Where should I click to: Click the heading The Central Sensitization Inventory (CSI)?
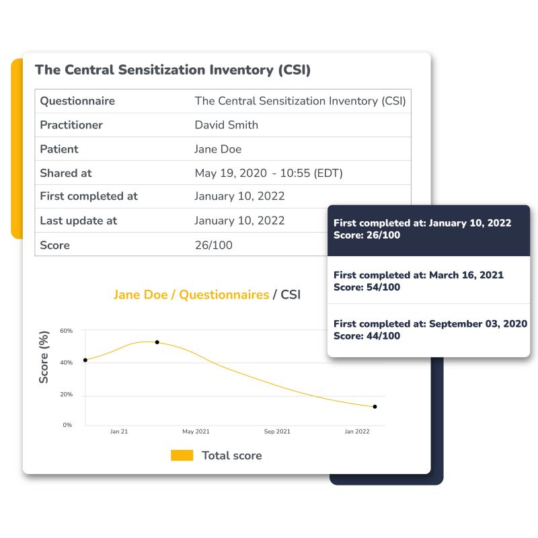point(173,70)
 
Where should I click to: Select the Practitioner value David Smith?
point(226,125)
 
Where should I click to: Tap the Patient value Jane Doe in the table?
point(218,149)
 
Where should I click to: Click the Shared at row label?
point(66,173)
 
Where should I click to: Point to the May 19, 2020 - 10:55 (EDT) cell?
point(268,173)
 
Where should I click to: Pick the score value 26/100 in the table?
point(213,245)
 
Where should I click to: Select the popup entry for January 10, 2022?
point(428,229)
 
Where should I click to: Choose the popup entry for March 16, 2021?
point(428,281)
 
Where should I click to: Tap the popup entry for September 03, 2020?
point(428,330)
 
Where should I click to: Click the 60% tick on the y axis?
point(66,331)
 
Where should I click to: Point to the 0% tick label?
point(67,425)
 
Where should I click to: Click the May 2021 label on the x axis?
point(196,432)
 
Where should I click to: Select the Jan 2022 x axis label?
point(357,432)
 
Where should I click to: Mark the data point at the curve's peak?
point(157,342)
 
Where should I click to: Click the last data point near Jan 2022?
point(375,407)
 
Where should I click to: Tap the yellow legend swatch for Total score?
point(182,455)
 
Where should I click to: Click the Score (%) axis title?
point(44,357)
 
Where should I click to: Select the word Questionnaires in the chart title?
point(224,295)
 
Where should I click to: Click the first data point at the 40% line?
point(85,360)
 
